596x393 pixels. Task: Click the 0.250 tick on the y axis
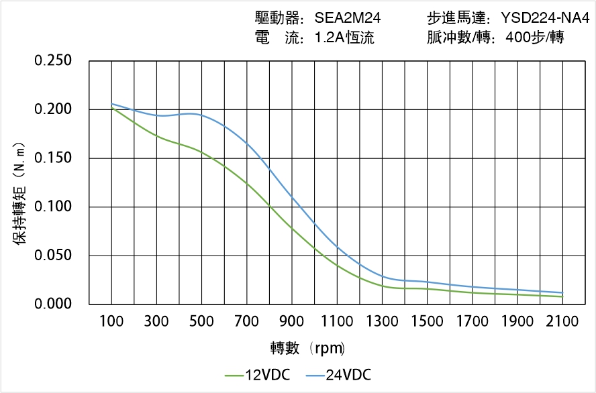[x=53, y=61]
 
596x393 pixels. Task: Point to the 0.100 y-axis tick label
[x=53, y=207]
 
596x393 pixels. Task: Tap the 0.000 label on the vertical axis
[x=53, y=304]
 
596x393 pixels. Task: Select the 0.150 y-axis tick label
[x=53, y=158]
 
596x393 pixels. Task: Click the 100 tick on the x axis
[x=111, y=322]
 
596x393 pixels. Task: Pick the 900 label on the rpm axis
[x=292, y=322]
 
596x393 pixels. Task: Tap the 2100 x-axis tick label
[x=562, y=322]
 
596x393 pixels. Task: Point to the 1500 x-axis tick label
[x=427, y=322]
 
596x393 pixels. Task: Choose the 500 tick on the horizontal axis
[x=201, y=322]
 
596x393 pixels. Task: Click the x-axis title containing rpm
[x=308, y=348]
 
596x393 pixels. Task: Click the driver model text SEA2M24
[x=348, y=18]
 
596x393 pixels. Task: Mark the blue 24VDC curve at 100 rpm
[x=111, y=104]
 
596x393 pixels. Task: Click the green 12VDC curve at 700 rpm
[x=246, y=182]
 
